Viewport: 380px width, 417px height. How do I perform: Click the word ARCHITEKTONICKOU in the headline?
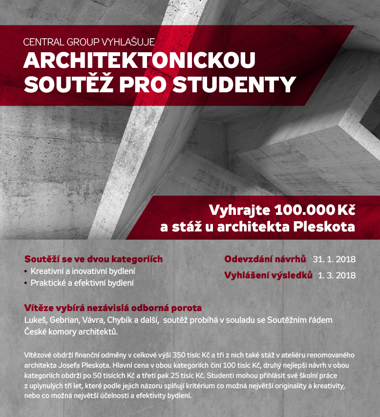tap(139, 61)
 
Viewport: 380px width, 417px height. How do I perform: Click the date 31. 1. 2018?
tap(334, 259)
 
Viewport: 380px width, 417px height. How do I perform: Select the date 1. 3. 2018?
tap(337, 275)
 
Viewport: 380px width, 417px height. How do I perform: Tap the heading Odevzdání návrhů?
tap(265, 259)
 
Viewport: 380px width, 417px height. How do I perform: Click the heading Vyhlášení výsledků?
tap(268, 274)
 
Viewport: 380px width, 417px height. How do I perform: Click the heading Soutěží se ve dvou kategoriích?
tap(93, 259)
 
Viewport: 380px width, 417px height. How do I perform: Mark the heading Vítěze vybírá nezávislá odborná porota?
tap(113, 308)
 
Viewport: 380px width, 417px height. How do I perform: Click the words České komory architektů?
tap(71, 332)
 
